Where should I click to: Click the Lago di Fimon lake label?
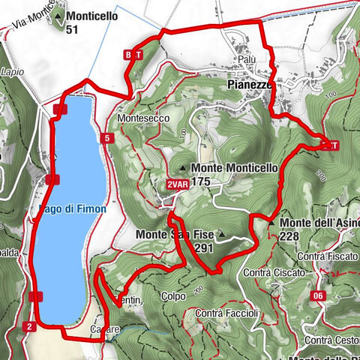(x=73, y=210)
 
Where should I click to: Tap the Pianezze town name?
(x=249, y=86)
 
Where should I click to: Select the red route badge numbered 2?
(x=29, y=326)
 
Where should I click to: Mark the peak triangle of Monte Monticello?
(x=184, y=168)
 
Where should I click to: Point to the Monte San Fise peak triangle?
(x=222, y=234)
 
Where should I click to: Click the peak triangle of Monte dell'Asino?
(x=271, y=223)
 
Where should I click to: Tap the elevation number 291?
(x=203, y=247)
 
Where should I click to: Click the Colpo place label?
(x=173, y=296)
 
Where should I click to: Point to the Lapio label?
(x=13, y=72)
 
